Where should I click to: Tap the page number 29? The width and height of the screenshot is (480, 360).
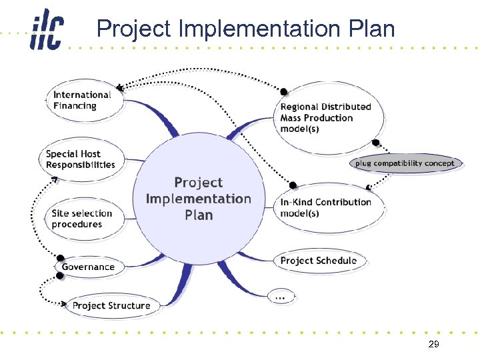coord(433,345)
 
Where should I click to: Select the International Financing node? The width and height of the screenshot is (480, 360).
coord(83,101)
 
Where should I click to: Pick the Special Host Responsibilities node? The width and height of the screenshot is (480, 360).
coord(81,159)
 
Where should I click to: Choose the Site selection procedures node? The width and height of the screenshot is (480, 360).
coord(81,219)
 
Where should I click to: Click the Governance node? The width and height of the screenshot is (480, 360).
coord(88,267)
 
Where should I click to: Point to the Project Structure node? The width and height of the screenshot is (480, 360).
coord(111,306)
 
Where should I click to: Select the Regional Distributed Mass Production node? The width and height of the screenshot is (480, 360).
coord(325,117)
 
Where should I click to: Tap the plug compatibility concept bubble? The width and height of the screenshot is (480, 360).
coord(405,163)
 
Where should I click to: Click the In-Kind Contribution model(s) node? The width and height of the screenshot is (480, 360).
coord(326,207)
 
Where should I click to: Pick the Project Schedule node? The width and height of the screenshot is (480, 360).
coord(319,261)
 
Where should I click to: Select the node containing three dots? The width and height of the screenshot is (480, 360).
coord(281,297)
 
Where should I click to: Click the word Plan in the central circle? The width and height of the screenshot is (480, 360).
coord(199,215)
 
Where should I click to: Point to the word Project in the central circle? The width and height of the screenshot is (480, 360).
coord(199,183)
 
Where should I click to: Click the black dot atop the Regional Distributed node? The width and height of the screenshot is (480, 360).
coord(283,91)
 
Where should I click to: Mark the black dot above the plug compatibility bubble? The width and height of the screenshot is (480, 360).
coord(376,143)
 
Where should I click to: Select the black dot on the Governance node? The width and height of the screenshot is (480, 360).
coord(61,257)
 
